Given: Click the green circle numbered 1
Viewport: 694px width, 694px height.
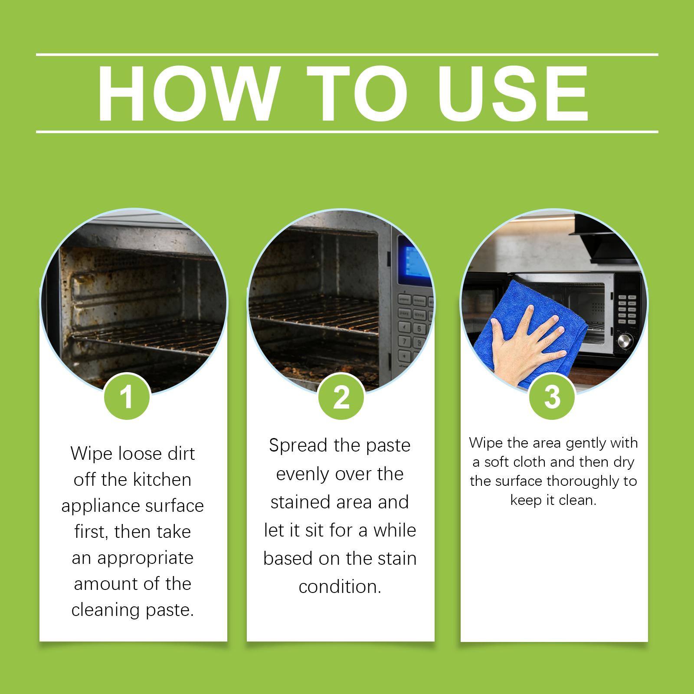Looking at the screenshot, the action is click(x=127, y=396).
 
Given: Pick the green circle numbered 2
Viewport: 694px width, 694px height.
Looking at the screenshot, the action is click(x=341, y=396).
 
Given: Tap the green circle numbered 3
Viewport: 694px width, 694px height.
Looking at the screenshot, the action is click(x=552, y=396).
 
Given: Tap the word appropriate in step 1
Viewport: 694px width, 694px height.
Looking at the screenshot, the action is click(x=145, y=559).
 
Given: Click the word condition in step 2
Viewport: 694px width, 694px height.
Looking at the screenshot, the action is click(x=340, y=587).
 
